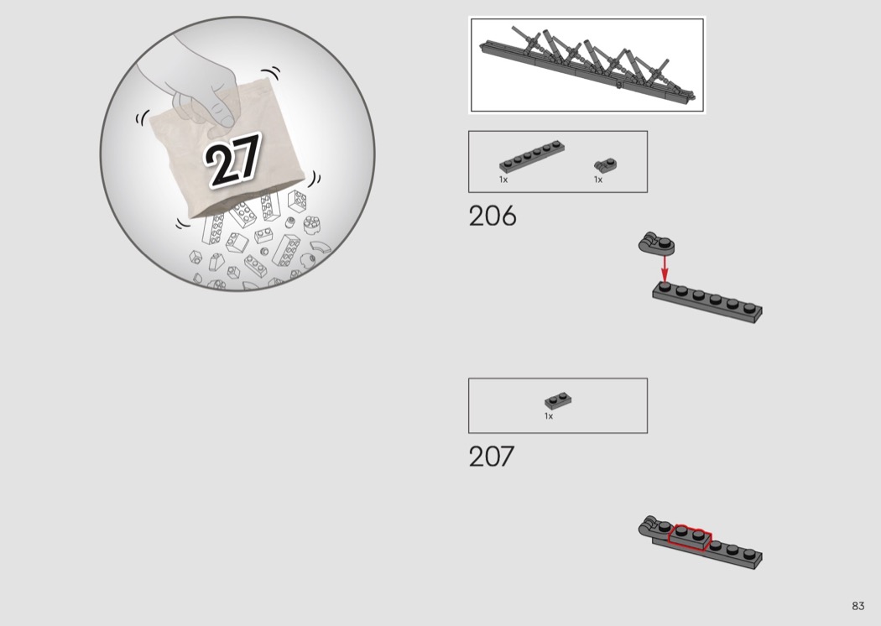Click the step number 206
point(493,216)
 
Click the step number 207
point(492,456)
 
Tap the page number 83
point(858,606)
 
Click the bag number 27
point(233,159)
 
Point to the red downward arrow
point(665,268)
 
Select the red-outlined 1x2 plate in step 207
point(690,536)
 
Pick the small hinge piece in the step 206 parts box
point(605,164)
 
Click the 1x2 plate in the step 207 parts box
point(558,400)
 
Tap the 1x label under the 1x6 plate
point(503,180)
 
